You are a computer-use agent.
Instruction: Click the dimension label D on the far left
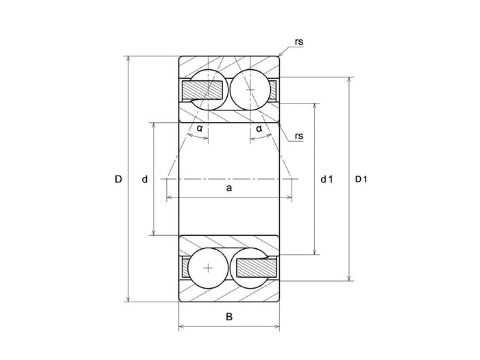coord(118,179)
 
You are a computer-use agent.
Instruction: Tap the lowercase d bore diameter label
coord(144,179)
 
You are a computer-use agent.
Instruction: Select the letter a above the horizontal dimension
coord(229,188)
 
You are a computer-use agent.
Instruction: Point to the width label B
coord(229,316)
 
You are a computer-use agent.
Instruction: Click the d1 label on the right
coord(327,179)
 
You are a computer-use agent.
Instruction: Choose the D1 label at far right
coord(361,179)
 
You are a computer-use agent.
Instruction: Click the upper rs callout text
coord(299,42)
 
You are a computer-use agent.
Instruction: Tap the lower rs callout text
coord(299,136)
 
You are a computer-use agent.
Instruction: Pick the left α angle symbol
coord(200,128)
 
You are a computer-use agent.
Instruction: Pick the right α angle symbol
coord(259,129)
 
